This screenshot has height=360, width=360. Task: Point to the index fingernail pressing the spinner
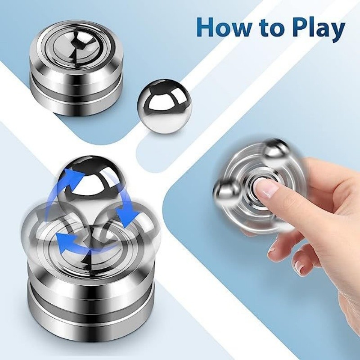269,189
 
